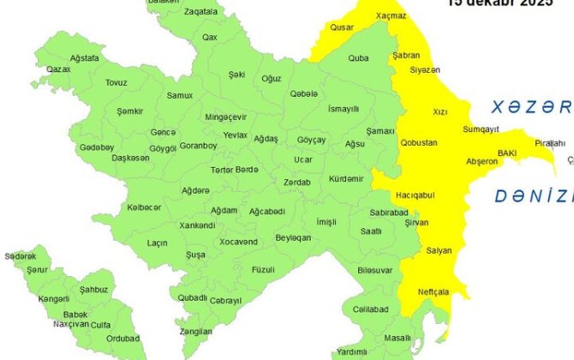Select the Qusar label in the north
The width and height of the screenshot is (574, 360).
coord(342,27)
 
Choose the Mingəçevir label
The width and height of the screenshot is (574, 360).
coord(226,117)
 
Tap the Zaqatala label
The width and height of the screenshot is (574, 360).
coord(200,13)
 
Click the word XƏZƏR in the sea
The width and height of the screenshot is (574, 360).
coord(530,108)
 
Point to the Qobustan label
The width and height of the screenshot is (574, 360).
coord(419,142)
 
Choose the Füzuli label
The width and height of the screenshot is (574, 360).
coord(262,269)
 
